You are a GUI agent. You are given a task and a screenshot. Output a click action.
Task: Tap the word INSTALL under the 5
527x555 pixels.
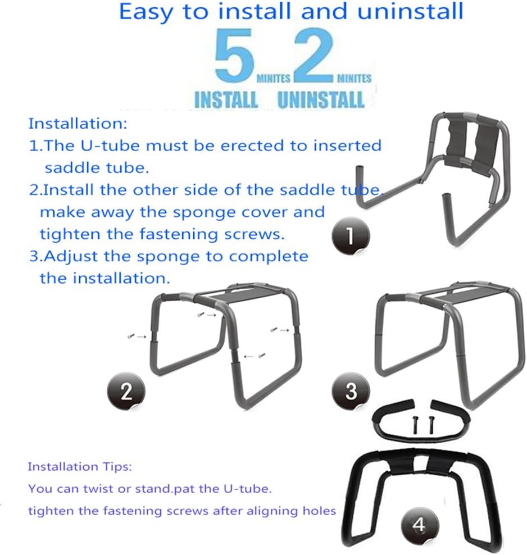pos(225,100)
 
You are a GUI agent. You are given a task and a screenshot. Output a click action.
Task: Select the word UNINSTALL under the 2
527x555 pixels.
pos(321,100)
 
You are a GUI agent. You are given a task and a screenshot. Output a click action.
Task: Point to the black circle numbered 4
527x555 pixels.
pos(419,526)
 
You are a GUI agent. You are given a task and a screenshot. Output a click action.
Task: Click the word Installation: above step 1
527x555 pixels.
pos(78,122)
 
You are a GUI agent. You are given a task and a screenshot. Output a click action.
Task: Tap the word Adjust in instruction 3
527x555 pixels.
pos(68,256)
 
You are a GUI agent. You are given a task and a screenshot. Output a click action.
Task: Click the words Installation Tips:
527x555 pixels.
pos(80,466)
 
